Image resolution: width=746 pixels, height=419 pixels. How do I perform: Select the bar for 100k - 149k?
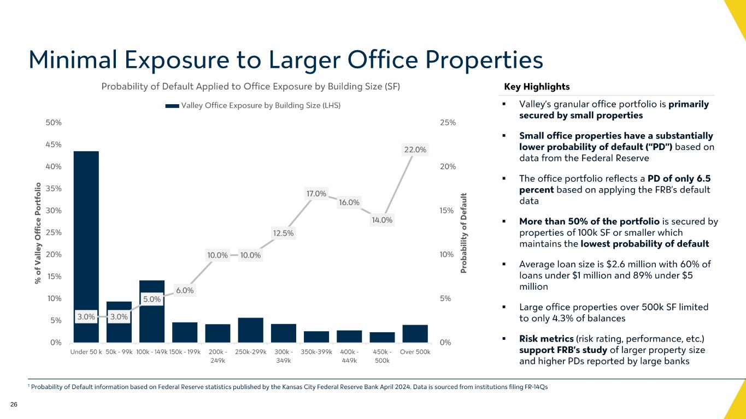(152, 311)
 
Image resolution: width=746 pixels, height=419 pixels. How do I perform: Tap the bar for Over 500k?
(415, 333)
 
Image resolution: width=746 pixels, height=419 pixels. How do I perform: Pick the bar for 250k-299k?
(251, 330)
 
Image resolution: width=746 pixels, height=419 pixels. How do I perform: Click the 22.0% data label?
(415, 149)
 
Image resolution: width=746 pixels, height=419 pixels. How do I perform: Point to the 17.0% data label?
(316, 193)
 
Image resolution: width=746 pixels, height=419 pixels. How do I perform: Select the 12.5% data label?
(284, 234)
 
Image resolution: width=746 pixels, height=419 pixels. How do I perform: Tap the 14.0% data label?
(382, 220)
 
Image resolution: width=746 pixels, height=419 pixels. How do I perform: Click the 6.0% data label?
(185, 290)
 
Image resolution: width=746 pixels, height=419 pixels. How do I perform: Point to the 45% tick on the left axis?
(54, 145)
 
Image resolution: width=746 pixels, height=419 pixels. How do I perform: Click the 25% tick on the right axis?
(448, 123)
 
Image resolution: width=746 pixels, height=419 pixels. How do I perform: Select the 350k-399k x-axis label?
(316, 352)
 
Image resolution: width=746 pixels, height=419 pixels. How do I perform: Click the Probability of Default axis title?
(465, 232)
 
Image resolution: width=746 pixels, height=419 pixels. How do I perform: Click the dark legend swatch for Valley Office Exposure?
(172, 106)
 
